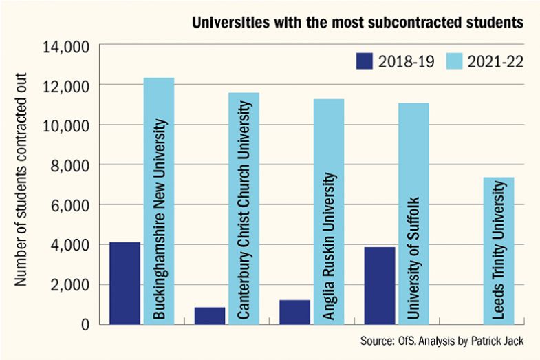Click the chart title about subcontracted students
pyautogui.click(x=357, y=23)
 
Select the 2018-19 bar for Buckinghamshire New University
pyautogui.click(x=125, y=283)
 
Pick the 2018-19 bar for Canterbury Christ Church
pyautogui.click(x=210, y=315)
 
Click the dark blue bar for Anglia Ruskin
pyautogui.click(x=294, y=312)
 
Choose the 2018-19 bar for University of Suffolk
pyautogui.click(x=380, y=285)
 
